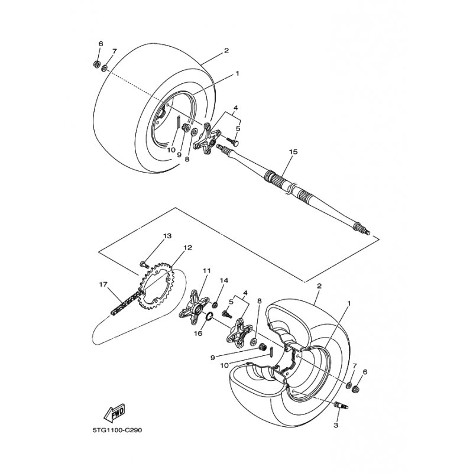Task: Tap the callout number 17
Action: tap(103, 284)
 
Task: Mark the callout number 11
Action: tap(206, 271)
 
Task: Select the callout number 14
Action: tap(224, 280)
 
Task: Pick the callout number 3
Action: tap(335, 425)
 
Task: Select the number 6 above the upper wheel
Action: tap(101, 44)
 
